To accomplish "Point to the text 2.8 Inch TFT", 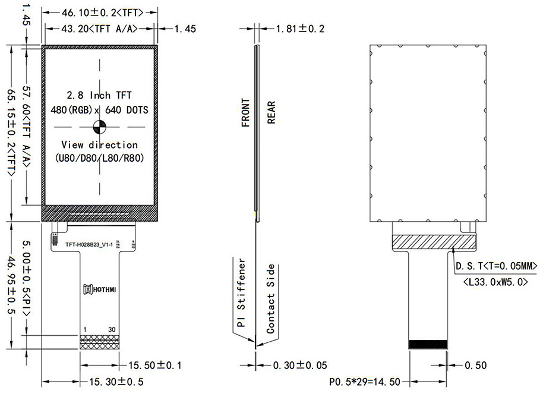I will pos(99,95).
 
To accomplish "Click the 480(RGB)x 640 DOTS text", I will pos(99,110).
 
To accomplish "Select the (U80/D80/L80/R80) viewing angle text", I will pos(99,159).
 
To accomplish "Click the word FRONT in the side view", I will pos(245,113).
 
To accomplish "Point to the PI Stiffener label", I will pos(241,293).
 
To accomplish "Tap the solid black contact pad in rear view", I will pos(428,344).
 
